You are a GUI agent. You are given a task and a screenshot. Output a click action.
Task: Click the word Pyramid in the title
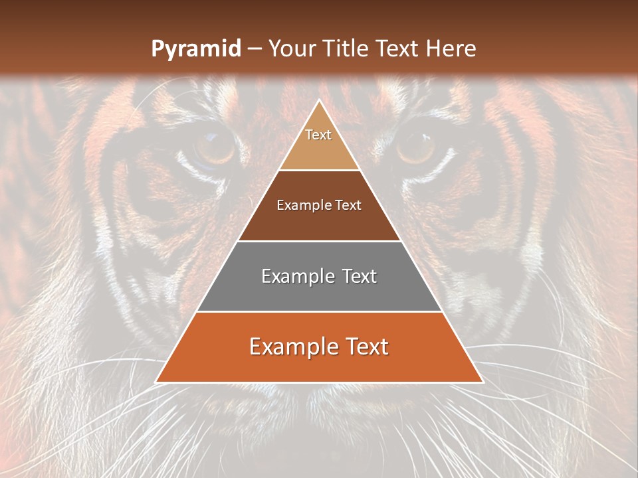coord(195,49)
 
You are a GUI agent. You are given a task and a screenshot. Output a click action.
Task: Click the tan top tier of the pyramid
coord(319,149)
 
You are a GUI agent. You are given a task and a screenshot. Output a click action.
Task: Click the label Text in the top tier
coord(318,135)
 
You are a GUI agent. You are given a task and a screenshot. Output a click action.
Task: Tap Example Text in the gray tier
coord(319,276)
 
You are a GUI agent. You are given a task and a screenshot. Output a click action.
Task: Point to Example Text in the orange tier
coord(319,347)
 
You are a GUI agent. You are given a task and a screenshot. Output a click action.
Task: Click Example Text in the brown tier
coord(319,205)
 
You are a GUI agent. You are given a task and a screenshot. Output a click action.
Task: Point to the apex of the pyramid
coord(319,101)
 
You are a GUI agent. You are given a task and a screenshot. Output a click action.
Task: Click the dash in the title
coord(254,49)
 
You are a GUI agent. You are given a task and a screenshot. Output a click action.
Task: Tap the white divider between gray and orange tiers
coord(319,311)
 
